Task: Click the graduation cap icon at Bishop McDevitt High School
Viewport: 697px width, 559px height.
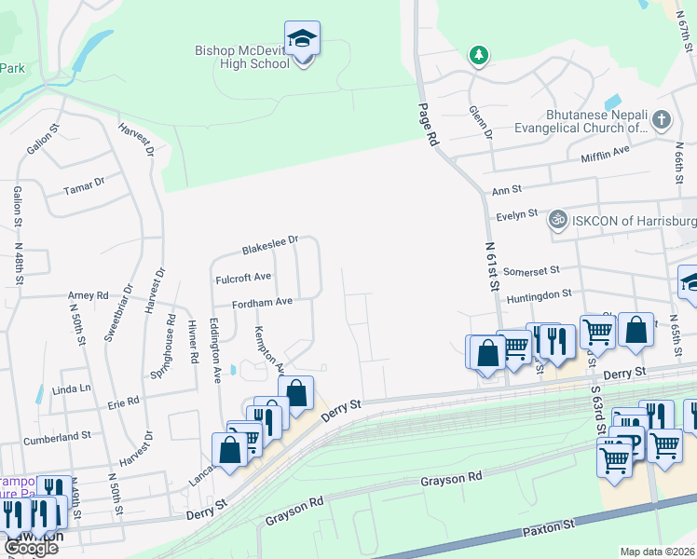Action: pyautogui.click(x=302, y=39)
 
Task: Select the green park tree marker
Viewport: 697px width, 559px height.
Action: pyautogui.click(x=479, y=56)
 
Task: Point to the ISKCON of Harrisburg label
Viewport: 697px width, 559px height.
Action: pyautogui.click(x=635, y=221)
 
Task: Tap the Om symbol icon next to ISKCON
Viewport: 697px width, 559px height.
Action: pyautogui.click(x=558, y=220)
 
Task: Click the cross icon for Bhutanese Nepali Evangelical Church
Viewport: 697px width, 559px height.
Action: pyautogui.click(x=661, y=119)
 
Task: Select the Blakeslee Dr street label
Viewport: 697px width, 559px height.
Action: pyautogui.click(x=269, y=245)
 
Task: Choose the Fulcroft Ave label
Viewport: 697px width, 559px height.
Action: pyautogui.click(x=243, y=278)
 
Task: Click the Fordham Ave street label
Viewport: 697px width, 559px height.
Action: pyautogui.click(x=264, y=303)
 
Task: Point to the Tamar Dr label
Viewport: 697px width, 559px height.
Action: pyautogui.click(x=84, y=188)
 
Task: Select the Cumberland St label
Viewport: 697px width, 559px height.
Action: pyautogui.click(x=59, y=435)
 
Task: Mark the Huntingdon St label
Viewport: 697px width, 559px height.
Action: pyautogui.click(x=539, y=295)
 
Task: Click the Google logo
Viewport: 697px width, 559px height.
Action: pyautogui.click(x=31, y=548)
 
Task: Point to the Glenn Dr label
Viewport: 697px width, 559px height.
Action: pyautogui.click(x=481, y=121)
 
